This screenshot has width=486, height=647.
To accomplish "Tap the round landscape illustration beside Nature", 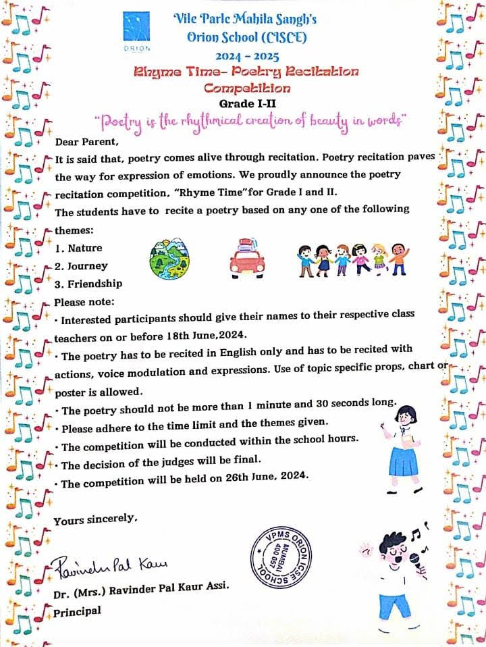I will pos(169,256).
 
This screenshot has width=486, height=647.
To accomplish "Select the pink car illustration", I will pos(248,258).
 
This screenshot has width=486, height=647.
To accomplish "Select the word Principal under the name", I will pos(78,611).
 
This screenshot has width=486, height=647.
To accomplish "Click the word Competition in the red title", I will pos(247,87).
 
